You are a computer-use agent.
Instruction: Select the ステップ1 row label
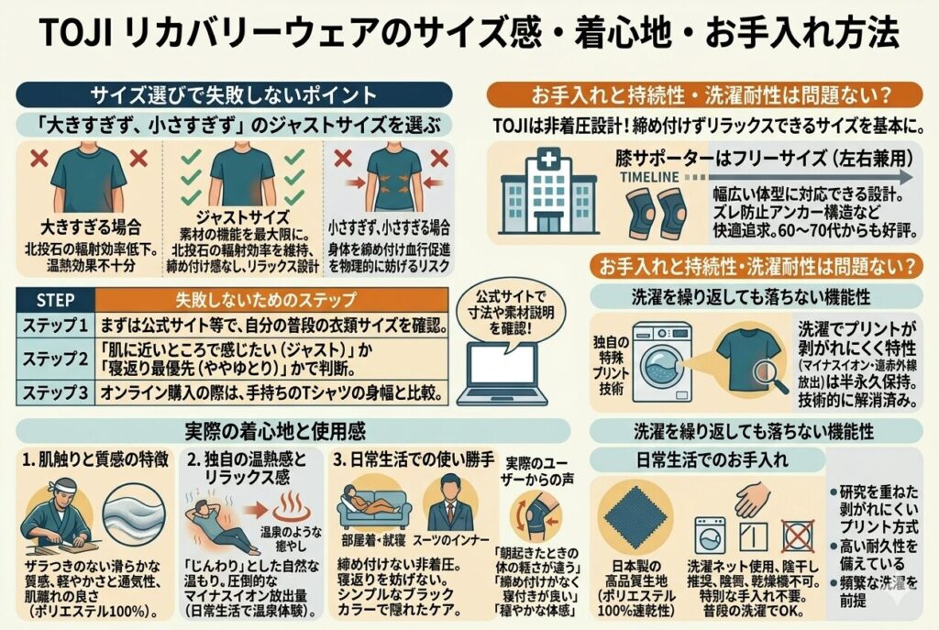[55, 326]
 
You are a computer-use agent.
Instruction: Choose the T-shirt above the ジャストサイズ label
[242, 174]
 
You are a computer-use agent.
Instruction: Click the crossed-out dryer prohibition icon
[801, 535]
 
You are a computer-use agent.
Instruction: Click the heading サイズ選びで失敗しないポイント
[234, 94]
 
